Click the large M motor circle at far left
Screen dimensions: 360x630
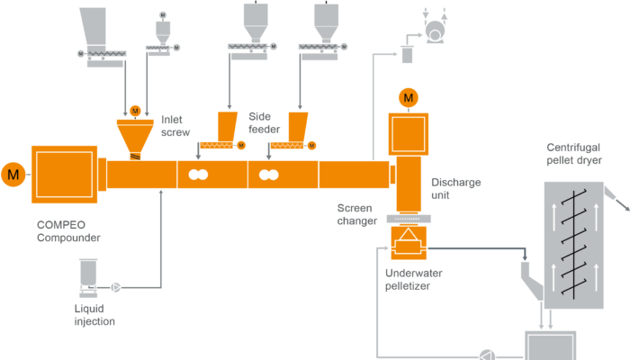13,172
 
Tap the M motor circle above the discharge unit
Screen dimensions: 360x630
409,96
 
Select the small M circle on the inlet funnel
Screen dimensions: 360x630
135,111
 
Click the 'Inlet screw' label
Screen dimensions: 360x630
174,125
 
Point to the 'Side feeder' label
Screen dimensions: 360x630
262,123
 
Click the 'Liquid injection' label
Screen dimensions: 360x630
94,315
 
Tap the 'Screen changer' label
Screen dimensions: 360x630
355,212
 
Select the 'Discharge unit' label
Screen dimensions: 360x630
455,187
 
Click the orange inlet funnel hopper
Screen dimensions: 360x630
135,136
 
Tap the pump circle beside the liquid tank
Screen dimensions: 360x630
115,288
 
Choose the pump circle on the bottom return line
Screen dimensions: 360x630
487,354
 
